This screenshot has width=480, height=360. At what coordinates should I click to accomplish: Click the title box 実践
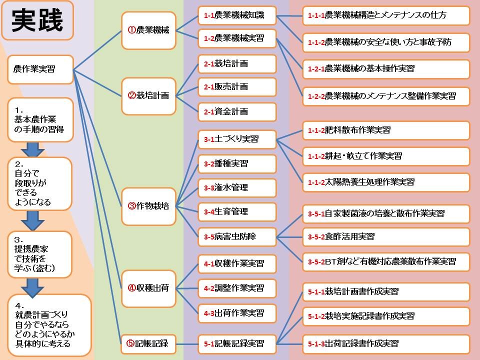pyautogui.click(x=37, y=20)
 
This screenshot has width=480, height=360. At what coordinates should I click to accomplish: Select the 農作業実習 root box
pyautogui.click(x=40, y=69)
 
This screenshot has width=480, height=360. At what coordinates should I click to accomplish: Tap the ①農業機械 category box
pyautogui.click(x=149, y=30)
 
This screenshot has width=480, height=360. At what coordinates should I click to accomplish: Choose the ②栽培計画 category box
pyautogui.click(x=149, y=96)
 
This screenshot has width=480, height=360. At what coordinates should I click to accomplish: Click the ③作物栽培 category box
pyautogui.click(x=149, y=206)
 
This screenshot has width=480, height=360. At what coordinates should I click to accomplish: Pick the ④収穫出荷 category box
pyautogui.click(x=149, y=288)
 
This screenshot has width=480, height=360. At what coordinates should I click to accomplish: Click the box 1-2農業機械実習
pyautogui.click(x=237, y=38)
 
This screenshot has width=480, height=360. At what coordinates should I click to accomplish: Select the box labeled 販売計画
pyautogui.click(x=237, y=87)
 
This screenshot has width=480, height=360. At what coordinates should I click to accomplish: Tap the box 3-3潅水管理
pyautogui.click(x=237, y=188)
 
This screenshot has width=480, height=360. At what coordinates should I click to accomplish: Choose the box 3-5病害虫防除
pyautogui.click(x=237, y=237)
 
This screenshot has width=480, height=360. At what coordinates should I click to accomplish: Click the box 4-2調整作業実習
pyautogui.click(x=237, y=288)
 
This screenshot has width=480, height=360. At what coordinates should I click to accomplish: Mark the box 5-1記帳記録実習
pyautogui.click(x=237, y=344)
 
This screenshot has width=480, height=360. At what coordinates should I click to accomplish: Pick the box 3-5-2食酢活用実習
pyautogui.click(x=386, y=237)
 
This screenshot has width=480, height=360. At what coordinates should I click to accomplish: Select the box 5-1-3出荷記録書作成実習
pyautogui.click(x=386, y=344)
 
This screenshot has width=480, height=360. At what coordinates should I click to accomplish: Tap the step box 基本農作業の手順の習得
pyautogui.click(x=40, y=120)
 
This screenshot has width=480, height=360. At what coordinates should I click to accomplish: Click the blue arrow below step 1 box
pyautogui.click(x=33, y=149)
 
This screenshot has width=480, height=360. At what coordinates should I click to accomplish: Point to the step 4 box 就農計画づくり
pyautogui.click(x=49, y=325)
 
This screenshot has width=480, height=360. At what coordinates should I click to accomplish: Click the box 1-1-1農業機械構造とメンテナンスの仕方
pyautogui.click(x=386, y=15)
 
